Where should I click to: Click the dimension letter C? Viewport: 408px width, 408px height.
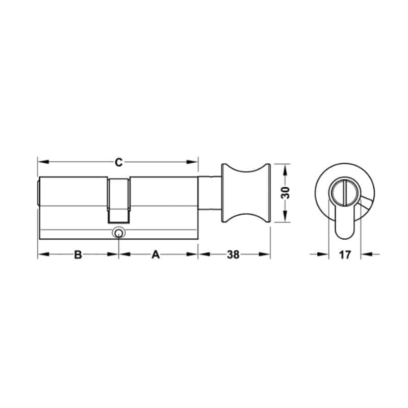(x=119, y=162)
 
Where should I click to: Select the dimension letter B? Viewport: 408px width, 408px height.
(x=78, y=254)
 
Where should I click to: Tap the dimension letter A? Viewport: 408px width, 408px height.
(x=156, y=254)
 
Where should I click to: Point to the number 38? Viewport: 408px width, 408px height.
(x=233, y=254)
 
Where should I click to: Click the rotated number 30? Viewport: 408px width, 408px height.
(x=286, y=193)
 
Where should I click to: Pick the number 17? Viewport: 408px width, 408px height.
(x=345, y=254)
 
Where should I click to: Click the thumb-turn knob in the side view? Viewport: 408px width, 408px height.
(x=246, y=193)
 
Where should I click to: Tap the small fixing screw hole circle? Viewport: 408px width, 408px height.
(x=119, y=233)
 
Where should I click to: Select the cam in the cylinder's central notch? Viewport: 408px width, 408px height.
(x=119, y=201)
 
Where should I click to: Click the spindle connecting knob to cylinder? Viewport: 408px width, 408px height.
(x=210, y=193)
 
